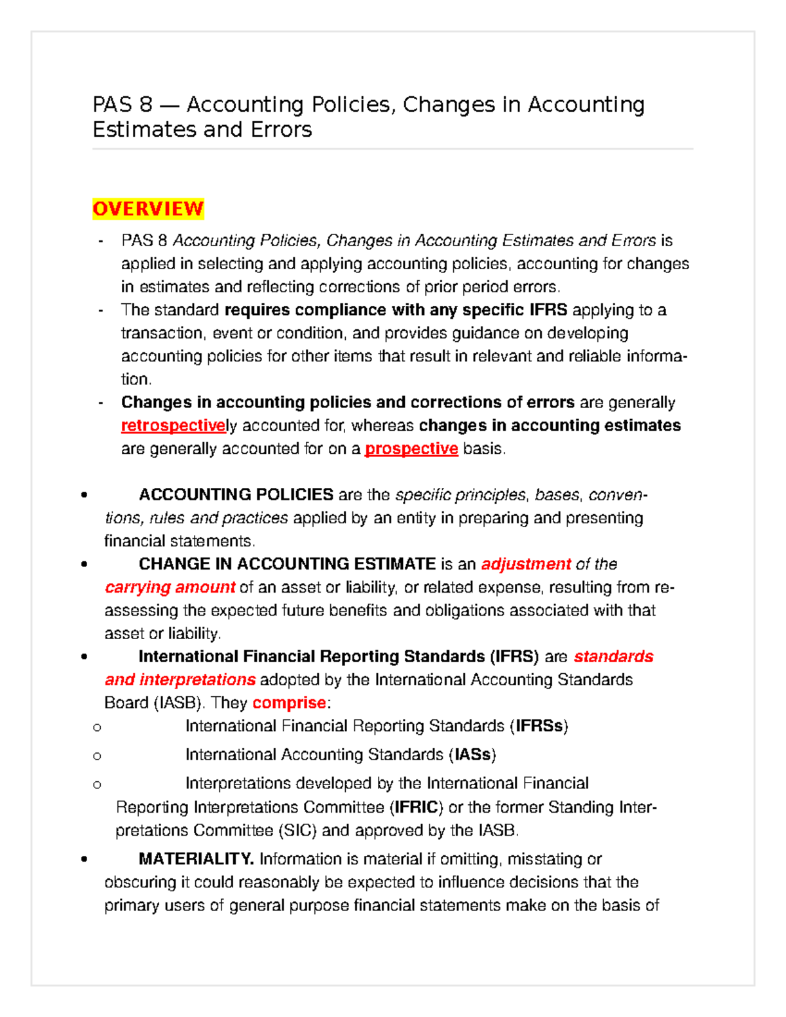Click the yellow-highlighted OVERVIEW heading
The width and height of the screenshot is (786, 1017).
[148, 209]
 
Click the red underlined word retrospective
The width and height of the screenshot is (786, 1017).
[173, 426]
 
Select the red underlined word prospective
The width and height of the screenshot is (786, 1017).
[411, 449]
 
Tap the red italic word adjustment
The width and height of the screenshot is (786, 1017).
[526, 564]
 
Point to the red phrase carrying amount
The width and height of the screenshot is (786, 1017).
[170, 587]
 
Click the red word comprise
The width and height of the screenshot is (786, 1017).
[289, 703]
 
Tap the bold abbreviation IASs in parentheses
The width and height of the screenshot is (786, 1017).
[472, 755]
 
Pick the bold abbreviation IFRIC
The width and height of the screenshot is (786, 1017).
[416, 807]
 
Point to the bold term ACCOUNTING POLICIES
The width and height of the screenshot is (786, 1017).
[236, 494]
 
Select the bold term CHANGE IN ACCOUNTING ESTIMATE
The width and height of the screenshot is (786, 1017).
[287, 564]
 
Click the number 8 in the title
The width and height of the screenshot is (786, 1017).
[145, 105]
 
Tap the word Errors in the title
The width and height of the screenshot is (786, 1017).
[280, 130]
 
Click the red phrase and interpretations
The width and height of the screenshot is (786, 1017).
[180, 680]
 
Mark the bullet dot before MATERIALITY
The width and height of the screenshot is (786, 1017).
[84, 859]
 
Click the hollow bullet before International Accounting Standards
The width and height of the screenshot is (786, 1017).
[97, 756]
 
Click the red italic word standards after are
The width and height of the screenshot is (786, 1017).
[613, 657]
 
